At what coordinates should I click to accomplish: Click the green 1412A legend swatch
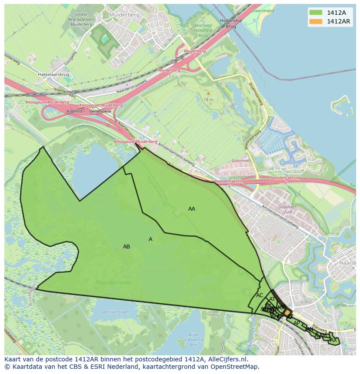(316, 13)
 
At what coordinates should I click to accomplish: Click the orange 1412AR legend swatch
(316, 21)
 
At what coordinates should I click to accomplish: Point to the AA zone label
(191, 209)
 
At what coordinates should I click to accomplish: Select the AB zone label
(126, 247)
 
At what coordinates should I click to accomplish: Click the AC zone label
(260, 295)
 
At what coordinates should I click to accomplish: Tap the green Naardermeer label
(113, 283)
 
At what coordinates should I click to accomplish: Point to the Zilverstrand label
(263, 11)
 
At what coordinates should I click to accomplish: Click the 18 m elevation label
(208, 100)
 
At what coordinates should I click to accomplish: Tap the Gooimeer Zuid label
(287, 210)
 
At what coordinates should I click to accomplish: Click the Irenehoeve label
(100, 111)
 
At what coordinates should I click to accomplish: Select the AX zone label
(333, 340)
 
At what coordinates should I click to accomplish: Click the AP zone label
(297, 323)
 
